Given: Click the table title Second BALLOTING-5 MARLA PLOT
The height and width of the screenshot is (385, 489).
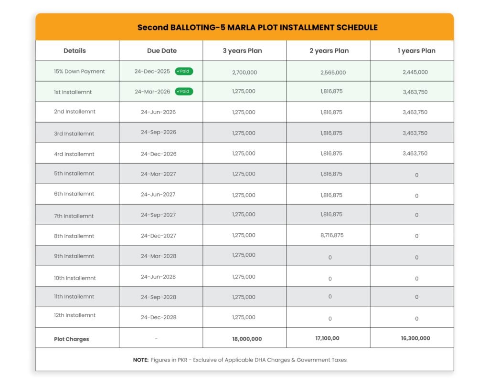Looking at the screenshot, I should (x=257, y=27).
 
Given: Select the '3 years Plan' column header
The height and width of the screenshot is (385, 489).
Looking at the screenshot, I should (x=242, y=51).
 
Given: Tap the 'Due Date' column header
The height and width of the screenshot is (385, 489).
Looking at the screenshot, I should (x=162, y=51).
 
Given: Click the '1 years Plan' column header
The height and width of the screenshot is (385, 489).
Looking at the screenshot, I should (x=416, y=51).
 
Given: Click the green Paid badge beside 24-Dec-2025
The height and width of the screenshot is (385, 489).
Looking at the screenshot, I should (x=184, y=71).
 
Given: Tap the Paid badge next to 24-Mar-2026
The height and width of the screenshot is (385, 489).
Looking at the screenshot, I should (x=184, y=91).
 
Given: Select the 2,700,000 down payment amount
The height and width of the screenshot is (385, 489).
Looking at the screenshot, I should (x=244, y=72).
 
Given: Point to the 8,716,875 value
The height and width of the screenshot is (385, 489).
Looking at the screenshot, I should (x=331, y=235).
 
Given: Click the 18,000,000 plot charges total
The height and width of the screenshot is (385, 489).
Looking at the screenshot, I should (x=246, y=339).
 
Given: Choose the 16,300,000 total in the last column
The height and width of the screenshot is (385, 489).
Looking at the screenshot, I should (x=415, y=338).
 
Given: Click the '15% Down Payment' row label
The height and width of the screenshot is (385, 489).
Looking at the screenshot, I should (x=79, y=72).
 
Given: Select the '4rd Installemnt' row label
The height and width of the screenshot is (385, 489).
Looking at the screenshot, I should (x=74, y=154).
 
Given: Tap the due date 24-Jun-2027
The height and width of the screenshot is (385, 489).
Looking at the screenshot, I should (x=158, y=195).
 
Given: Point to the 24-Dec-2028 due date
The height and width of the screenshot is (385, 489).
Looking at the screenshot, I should (x=159, y=317).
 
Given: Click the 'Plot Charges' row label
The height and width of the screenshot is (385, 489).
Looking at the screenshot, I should (x=71, y=339).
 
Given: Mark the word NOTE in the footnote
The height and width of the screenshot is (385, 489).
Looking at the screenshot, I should (x=140, y=360).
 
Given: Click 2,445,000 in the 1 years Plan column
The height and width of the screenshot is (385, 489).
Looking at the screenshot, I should (x=415, y=72).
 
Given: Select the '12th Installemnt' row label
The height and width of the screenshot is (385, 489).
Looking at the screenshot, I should (x=74, y=315).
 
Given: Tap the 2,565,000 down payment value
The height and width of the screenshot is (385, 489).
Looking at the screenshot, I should (x=333, y=73).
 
